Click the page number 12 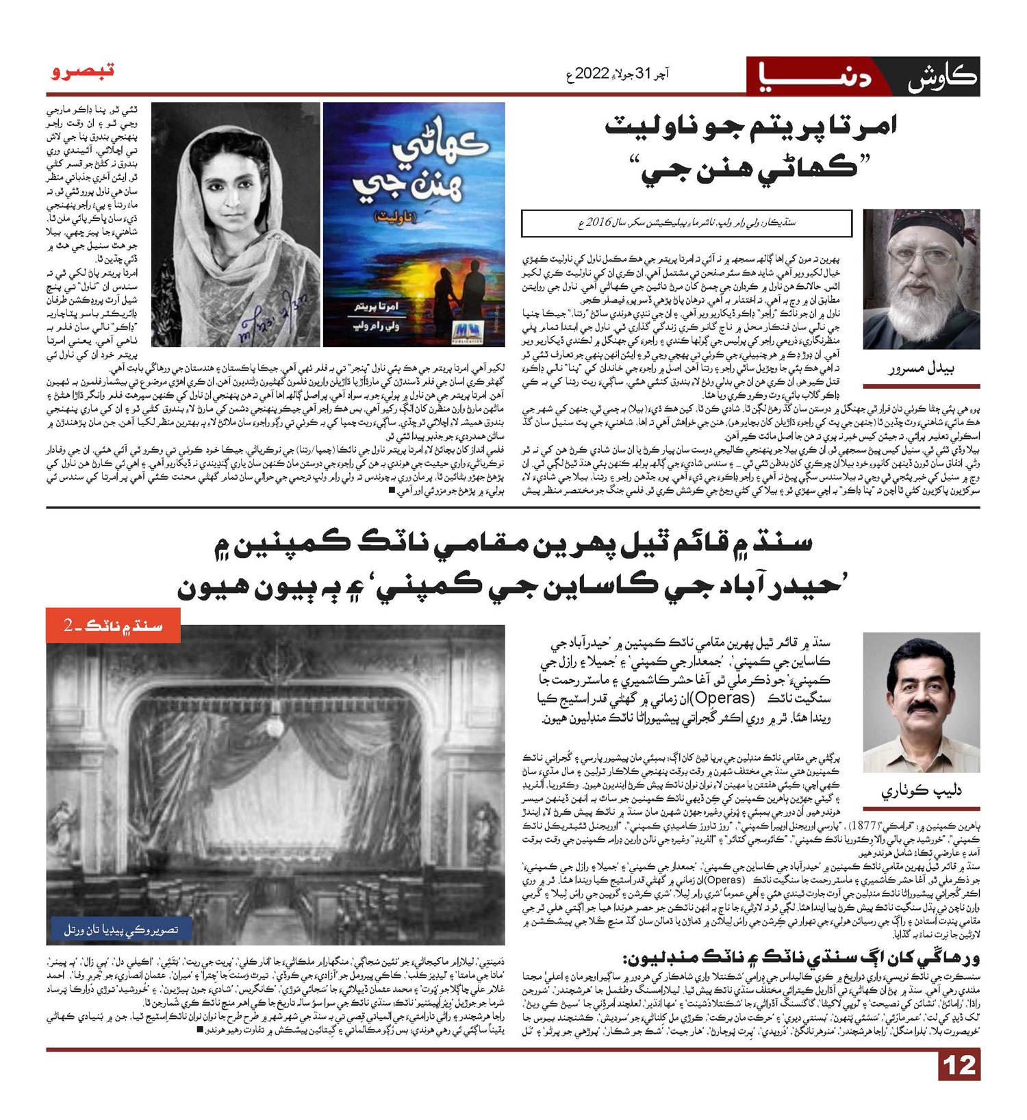[x=959, y=1066]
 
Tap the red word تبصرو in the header [x=83, y=71]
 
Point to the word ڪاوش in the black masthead [x=943, y=77]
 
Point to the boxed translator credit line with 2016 [x=686, y=223]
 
